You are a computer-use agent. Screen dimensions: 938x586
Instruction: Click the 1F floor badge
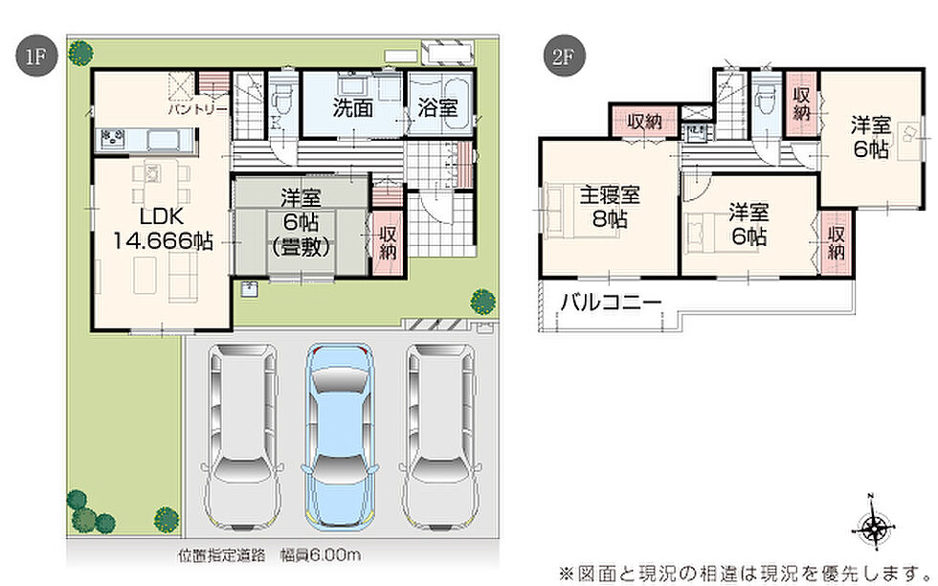click(x=36, y=56)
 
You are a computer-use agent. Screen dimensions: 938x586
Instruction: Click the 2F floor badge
click(x=563, y=56)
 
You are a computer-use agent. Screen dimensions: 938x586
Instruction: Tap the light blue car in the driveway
click(x=340, y=437)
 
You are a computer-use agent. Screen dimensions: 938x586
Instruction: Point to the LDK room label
click(x=162, y=215)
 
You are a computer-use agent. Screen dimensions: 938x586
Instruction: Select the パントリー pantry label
click(x=198, y=109)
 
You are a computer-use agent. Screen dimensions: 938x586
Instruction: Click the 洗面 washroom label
click(x=353, y=108)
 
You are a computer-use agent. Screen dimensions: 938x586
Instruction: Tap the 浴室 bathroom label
click(x=438, y=108)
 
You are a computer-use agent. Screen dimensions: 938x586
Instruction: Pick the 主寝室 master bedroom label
click(x=611, y=195)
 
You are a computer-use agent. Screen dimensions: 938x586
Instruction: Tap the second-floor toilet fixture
click(x=765, y=99)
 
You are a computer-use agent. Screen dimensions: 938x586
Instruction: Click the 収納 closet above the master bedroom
click(x=644, y=122)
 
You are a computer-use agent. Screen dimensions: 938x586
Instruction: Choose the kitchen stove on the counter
click(x=113, y=140)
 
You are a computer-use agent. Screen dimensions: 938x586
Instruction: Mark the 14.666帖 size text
click(x=163, y=241)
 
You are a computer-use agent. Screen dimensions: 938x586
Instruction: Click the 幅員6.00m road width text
click(x=321, y=555)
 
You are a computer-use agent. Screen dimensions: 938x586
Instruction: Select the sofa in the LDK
click(x=183, y=276)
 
